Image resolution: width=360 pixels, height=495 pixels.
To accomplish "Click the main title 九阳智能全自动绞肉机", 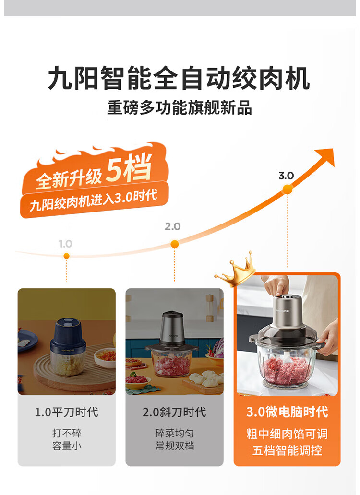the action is (x=179, y=79).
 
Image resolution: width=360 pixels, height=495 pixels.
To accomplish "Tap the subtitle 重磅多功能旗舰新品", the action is (x=180, y=107).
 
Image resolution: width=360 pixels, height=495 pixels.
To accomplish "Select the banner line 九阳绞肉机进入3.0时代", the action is (x=94, y=200).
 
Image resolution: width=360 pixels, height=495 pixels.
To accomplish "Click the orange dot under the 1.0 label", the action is (x=66, y=256).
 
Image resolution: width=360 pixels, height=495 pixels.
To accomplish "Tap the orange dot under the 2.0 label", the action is (x=174, y=244).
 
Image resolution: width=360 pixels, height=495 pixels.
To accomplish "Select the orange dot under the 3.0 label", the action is (x=288, y=189).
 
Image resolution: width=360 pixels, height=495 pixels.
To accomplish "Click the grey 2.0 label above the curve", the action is (x=172, y=226).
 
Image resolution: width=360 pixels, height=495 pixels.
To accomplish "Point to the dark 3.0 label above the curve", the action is (x=286, y=176).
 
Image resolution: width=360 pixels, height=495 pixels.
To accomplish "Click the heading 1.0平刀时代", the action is (x=66, y=412).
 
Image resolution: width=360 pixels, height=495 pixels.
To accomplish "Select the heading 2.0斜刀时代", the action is (x=174, y=412).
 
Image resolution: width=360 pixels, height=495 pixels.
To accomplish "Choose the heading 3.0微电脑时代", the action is (x=287, y=412).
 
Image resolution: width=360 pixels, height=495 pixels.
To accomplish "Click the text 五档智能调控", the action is (x=287, y=450).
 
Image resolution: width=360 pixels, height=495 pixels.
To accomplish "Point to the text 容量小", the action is (x=67, y=446).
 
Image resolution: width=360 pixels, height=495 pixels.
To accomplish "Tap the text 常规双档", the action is (x=174, y=446).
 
